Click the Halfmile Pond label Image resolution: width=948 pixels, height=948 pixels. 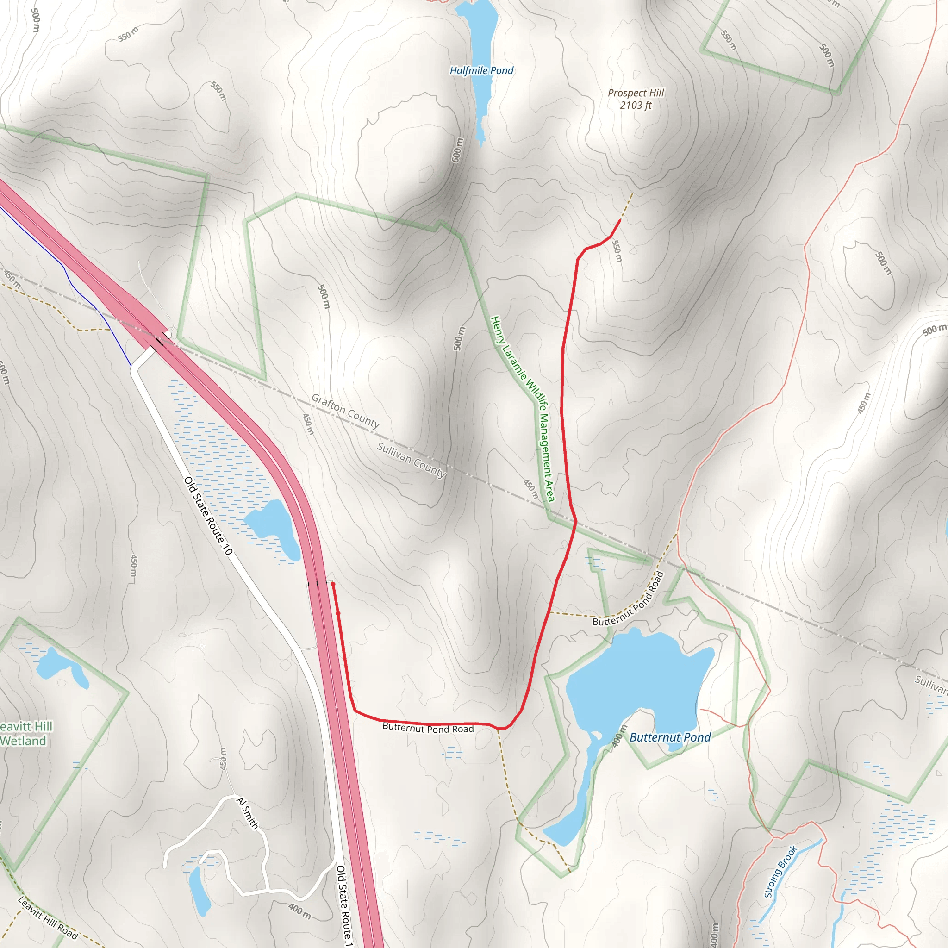point(481,71)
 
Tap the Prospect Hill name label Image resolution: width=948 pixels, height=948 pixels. point(636,93)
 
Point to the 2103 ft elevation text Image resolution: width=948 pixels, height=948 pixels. point(636,106)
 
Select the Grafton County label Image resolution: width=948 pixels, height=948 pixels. point(345,411)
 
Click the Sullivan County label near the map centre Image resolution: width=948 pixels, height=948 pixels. point(411,460)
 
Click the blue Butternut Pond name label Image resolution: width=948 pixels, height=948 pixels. point(670,737)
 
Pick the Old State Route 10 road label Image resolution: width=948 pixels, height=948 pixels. point(208,516)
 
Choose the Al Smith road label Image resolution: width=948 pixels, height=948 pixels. point(247,813)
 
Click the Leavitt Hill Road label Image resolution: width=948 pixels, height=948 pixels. point(48,917)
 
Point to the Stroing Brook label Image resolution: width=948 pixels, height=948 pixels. point(781,872)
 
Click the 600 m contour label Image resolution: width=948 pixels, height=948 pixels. point(457,150)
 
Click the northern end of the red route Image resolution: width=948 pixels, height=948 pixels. point(620,220)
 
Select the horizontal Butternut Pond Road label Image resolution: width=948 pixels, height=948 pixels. point(428,728)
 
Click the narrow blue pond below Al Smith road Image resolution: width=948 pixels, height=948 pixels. point(199,890)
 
